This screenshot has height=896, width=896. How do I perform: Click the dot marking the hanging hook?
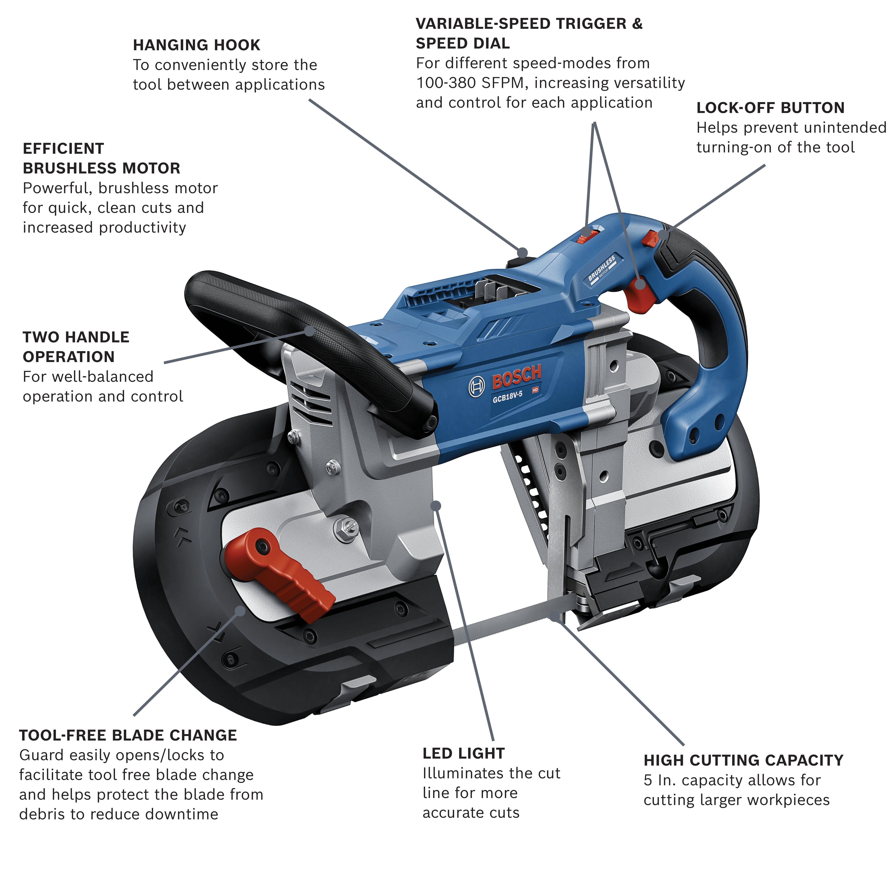[523, 253]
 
